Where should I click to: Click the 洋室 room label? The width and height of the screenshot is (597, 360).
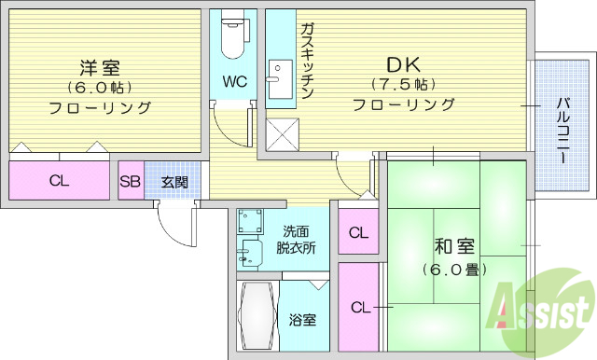coord(100,67)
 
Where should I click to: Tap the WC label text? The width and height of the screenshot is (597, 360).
coord(233,81)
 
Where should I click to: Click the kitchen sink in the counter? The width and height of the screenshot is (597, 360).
coord(277,73)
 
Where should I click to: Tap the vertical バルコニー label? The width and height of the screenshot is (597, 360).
coord(563,132)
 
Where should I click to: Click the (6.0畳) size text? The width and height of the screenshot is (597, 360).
coord(453,270)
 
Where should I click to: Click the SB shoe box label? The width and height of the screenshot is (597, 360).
coord(130,181)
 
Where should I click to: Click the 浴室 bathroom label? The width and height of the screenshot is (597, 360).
coord(301,320)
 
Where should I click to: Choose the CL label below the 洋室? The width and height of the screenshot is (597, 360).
coord(58,181)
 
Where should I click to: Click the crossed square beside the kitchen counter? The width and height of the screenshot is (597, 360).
coord(280,134)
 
